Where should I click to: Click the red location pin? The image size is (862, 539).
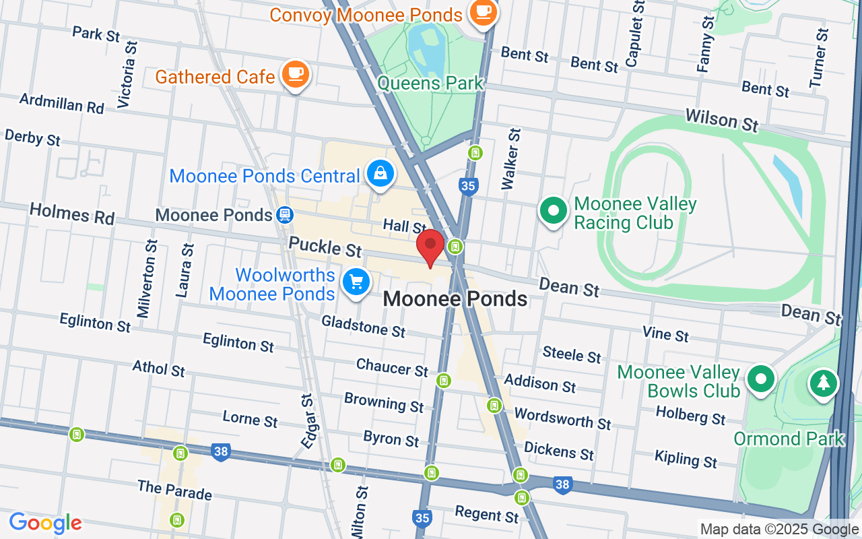430,247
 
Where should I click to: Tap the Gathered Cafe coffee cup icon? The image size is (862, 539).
295,73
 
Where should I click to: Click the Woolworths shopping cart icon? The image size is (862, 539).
356,282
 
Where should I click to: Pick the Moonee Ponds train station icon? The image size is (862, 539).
284,215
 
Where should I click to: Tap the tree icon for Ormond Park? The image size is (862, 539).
822,384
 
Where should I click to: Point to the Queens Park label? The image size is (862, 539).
430,84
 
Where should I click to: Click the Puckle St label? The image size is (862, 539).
325,246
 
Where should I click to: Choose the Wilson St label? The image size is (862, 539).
721,120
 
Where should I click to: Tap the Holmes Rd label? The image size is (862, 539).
72,214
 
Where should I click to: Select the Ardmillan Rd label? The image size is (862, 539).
62,103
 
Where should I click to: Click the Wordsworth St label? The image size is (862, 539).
562,418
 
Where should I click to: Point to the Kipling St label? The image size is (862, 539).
686,459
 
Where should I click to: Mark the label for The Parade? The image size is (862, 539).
174,490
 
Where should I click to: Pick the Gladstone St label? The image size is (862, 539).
364,327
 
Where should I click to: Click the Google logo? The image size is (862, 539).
45,523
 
